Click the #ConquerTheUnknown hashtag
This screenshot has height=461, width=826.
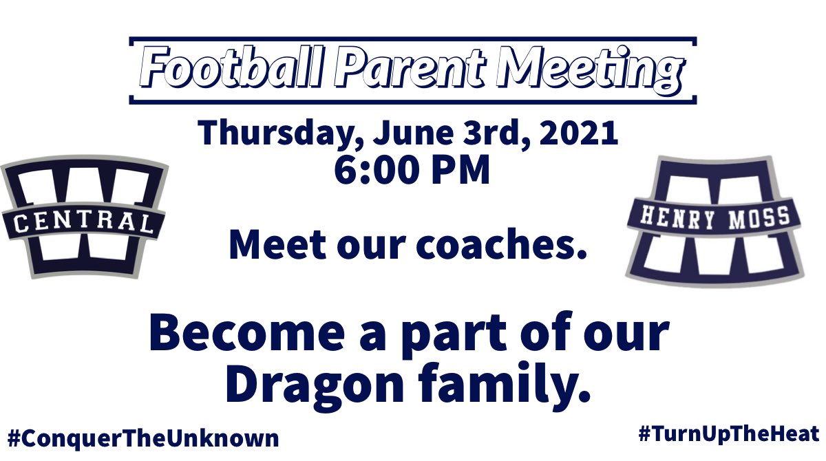pos(144,438)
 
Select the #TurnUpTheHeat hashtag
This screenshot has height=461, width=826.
pos(728,434)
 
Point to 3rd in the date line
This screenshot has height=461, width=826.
pos(488,133)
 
